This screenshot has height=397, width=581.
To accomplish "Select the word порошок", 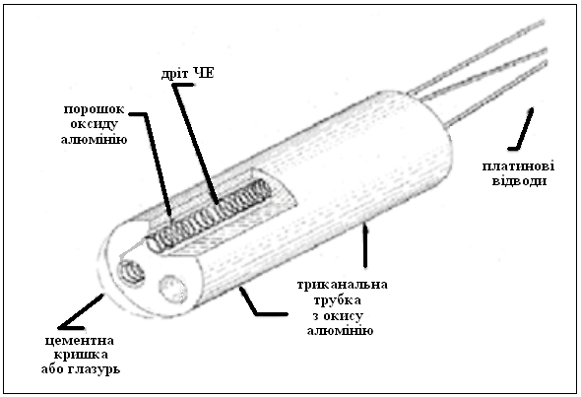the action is click(95, 110).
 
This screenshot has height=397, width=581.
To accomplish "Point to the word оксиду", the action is click(95, 124).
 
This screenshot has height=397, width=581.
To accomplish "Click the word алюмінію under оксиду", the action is click(95, 140).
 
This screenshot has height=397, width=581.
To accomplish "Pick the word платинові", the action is click(518, 166).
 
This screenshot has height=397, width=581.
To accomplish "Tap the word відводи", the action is click(519, 181).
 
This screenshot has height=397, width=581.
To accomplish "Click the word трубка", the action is click(337, 300).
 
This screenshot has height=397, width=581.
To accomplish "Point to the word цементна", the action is click(80, 341).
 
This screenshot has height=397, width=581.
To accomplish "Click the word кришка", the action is click(81, 355).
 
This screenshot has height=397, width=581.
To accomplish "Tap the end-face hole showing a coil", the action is click(131, 273).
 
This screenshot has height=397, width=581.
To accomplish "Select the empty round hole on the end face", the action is click(172, 289).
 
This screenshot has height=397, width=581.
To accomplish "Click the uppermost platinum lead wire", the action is click(477, 55).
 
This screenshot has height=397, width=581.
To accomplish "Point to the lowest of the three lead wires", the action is click(495, 94).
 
